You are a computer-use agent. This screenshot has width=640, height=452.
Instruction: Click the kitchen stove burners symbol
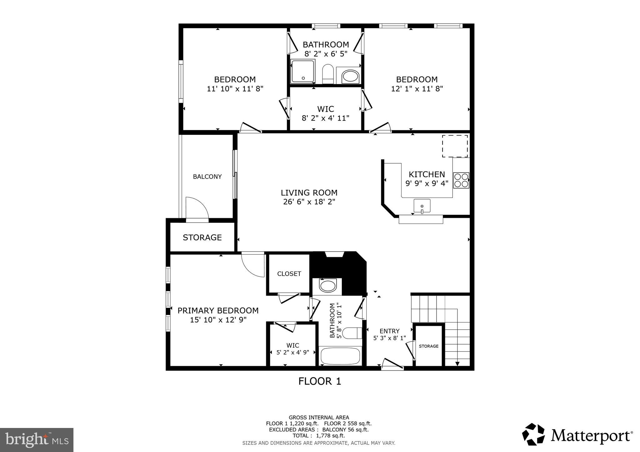coord(461,180)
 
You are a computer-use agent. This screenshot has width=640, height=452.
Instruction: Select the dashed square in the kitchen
coord(455,146)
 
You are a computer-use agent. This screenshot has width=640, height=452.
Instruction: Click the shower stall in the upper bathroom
coord(302,71)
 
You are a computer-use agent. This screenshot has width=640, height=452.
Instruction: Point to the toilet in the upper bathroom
coord(328,74)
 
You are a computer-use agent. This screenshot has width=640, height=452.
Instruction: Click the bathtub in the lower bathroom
coord(340,356)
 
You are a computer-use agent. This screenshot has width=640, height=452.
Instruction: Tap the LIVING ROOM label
coord(309,193)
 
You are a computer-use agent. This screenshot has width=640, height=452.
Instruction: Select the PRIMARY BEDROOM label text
coord(218,311)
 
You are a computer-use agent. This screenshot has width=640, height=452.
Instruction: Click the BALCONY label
coord(207,177)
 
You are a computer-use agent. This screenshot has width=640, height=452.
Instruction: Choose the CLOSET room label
coord(289,274)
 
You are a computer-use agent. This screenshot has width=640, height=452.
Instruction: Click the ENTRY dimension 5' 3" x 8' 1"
coord(389,338)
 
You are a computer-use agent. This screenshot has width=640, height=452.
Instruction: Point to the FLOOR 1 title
coord(320,381)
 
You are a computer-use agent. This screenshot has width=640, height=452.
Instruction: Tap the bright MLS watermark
coord(37,440)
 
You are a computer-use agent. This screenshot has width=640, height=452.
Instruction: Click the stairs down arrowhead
coord(457,364)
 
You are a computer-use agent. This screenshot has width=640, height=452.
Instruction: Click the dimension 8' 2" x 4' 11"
coord(325,118)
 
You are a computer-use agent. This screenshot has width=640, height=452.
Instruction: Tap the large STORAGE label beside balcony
coord(202,238)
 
